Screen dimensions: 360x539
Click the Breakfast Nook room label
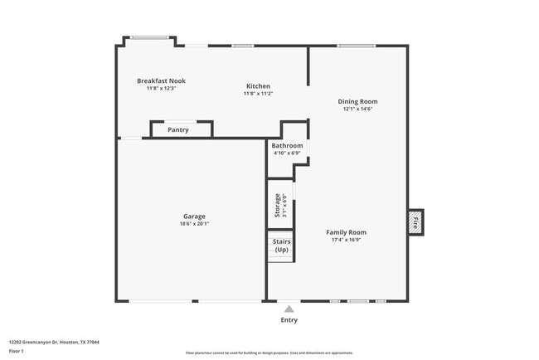(161, 80)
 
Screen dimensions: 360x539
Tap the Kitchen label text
(258, 86)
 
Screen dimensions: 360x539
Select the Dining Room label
(357, 101)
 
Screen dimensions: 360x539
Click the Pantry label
(177, 129)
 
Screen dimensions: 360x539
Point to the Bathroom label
(287, 146)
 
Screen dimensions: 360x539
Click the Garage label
(194, 216)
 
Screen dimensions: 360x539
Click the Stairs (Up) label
(281, 246)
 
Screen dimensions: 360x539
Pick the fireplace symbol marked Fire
(415, 221)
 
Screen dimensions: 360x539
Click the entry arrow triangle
(289, 308)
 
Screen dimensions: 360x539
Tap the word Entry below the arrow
(289, 320)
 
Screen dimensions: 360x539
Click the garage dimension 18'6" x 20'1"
(194, 224)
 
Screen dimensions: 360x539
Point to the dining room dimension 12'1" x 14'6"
(357, 109)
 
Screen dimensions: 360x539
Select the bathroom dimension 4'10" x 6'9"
(287, 153)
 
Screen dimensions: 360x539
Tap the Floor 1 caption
(17, 350)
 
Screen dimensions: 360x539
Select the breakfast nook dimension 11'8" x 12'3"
(161, 88)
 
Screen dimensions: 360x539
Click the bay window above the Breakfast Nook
(150, 37)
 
